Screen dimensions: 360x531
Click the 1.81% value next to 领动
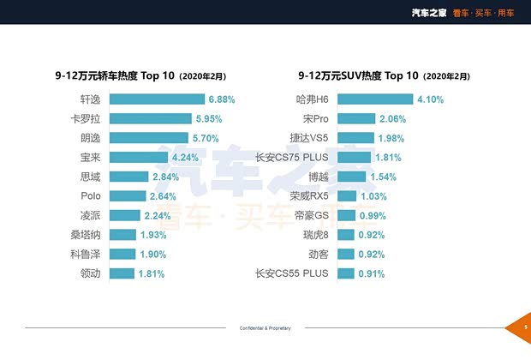pyautogui.click(x=151, y=274)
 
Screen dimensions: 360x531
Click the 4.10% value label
pyautogui.click(x=430, y=99)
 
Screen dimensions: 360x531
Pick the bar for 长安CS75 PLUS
pyautogui.click(x=354, y=157)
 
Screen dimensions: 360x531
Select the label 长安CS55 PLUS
pyautogui.click(x=292, y=274)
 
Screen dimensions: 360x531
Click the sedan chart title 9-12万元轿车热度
pyautogui.click(x=115, y=75)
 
